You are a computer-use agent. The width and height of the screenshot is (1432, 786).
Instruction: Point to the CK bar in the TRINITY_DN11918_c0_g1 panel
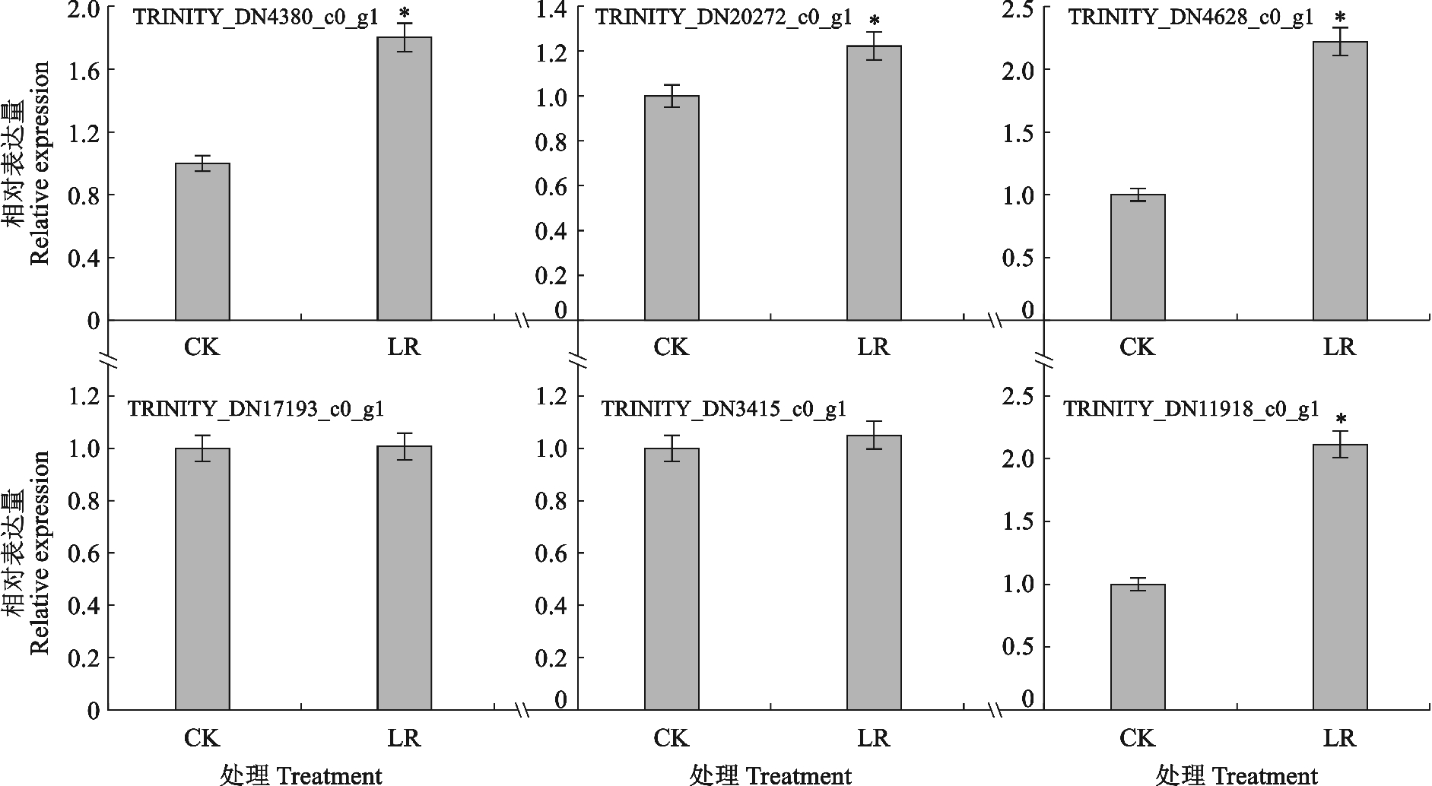pyautogui.click(x=1138, y=647)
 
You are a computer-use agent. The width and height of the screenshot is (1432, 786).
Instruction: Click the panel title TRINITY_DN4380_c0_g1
pyautogui.click(x=256, y=17)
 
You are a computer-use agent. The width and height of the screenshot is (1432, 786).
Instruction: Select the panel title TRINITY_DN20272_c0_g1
pyautogui.click(x=723, y=17)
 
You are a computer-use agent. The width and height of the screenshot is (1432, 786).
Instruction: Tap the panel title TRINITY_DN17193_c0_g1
pyautogui.click(x=256, y=409)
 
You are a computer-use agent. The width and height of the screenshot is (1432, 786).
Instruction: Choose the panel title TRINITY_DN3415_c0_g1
pyautogui.click(x=723, y=409)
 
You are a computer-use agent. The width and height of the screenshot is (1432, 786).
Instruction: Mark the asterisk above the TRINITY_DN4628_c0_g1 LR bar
pyautogui.click(x=1341, y=17)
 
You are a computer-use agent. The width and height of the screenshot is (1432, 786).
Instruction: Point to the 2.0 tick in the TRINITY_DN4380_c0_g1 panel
pyautogui.click(x=83, y=9)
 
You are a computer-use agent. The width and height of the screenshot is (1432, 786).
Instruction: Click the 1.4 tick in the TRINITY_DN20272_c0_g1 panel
pyautogui.click(x=553, y=9)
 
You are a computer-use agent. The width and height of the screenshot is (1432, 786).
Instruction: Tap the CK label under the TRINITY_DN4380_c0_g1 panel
pyautogui.click(x=202, y=347)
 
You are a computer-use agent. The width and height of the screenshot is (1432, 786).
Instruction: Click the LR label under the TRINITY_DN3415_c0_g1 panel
pyautogui.click(x=873, y=738)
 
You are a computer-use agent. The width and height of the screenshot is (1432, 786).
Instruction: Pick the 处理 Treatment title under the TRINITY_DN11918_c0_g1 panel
pyautogui.click(x=1236, y=775)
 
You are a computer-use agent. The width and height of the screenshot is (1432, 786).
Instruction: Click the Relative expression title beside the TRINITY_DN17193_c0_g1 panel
pyautogui.click(x=40, y=553)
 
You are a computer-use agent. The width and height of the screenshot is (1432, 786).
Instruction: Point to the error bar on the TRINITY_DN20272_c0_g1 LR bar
pyautogui.click(x=874, y=46)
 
